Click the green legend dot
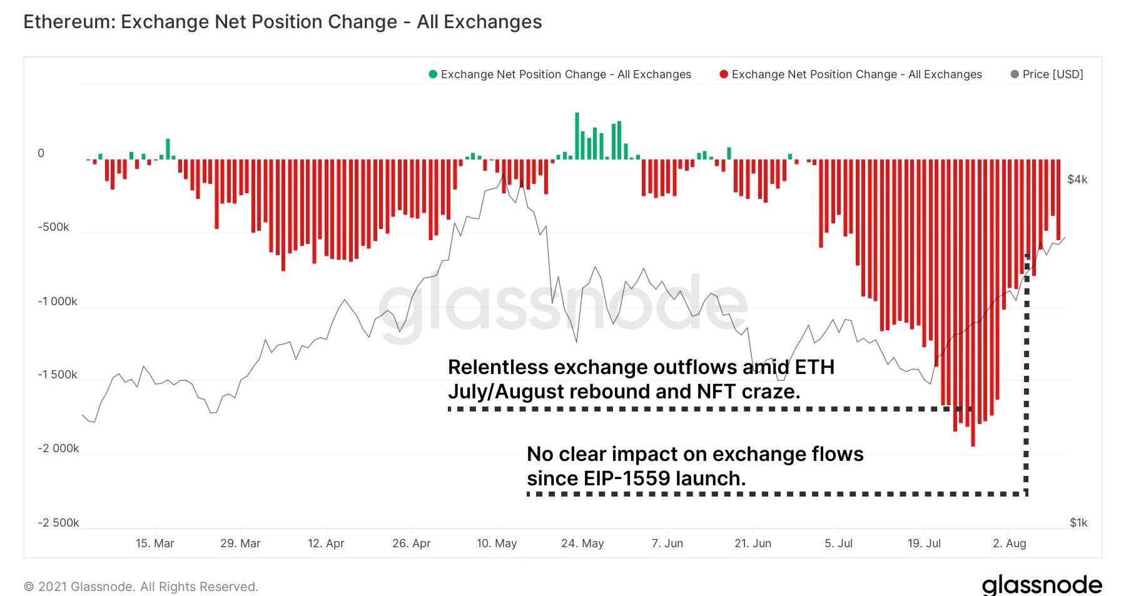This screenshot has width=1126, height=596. pyautogui.click(x=432, y=74)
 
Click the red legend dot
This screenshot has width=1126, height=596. pyautogui.click(x=724, y=74)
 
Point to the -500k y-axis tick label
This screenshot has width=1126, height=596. pyautogui.click(x=53, y=227)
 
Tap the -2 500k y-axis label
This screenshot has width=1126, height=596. pyautogui.click(x=58, y=523)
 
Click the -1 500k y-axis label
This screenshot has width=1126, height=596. pyautogui.click(x=58, y=375)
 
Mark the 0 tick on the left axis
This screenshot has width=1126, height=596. pyautogui.click(x=41, y=153)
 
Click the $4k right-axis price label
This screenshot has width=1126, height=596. pyautogui.click(x=1077, y=179)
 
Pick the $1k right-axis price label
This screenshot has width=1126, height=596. pyautogui.click(x=1078, y=523)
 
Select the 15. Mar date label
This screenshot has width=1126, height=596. pyautogui.click(x=155, y=543)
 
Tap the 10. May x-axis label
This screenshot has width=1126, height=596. pyautogui.click(x=497, y=543)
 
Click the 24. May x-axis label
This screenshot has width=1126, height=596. pyautogui.click(x=582, y=543)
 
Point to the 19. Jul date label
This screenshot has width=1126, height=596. pyautogui.click(x=924, y=543)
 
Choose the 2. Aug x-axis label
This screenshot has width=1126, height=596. pyautogui.click(x=1009, y=543)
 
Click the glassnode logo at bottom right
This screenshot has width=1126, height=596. pyautogui.click(x=1042, y=585)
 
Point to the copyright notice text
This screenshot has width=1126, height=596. pyautogui.click(x=141, y=587)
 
